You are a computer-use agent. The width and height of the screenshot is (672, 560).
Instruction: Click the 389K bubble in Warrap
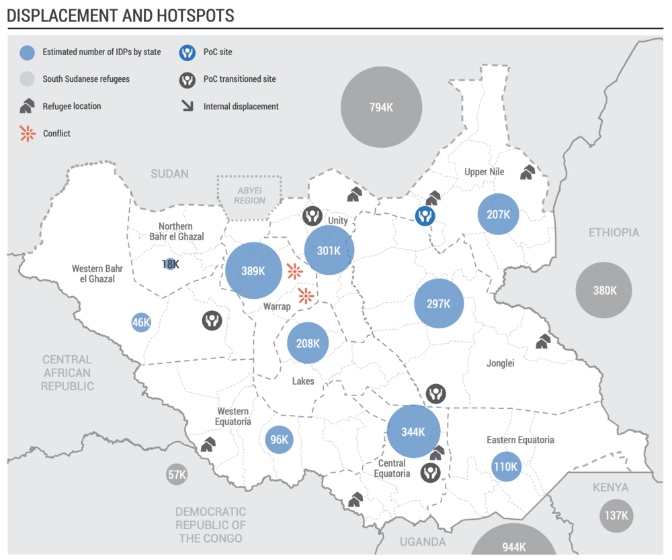click(x=253, y=271)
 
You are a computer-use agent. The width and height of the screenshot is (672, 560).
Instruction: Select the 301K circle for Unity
click(x=329, y=250)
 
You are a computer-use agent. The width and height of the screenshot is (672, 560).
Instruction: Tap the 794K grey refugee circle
click(x=381, y=107)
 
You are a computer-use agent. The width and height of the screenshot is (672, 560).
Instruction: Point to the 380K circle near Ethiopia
click(x=604, y=290)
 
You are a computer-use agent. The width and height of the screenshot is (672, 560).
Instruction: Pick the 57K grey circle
click(x=177, y=475)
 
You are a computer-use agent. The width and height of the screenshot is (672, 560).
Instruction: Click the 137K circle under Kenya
click(x=616, y=516)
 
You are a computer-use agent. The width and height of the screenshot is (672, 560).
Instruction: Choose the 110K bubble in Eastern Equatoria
click(x=505, y=466)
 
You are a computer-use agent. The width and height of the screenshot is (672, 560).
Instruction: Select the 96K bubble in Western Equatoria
click(x=279, y=440)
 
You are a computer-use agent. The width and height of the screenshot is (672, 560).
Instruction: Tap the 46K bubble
click(x=141, y=322)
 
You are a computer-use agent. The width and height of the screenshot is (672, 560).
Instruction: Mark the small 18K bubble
click(x=170, y=264)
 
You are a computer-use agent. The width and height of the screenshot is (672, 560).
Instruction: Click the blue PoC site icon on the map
click(x=425, y=216)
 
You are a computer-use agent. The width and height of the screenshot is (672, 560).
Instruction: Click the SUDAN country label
click(x=169, y=174)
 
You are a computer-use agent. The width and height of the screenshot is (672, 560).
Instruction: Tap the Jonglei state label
click(x=500, y=363)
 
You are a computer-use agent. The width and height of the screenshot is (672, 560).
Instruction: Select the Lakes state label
click(x=303, y=381)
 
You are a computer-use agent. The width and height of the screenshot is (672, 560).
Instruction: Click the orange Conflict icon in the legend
click(x=28, y=134)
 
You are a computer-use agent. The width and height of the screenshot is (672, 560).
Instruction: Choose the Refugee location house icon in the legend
click(x=28, y=106)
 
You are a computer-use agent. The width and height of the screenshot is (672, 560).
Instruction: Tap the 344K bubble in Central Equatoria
click(x=414, y=431)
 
